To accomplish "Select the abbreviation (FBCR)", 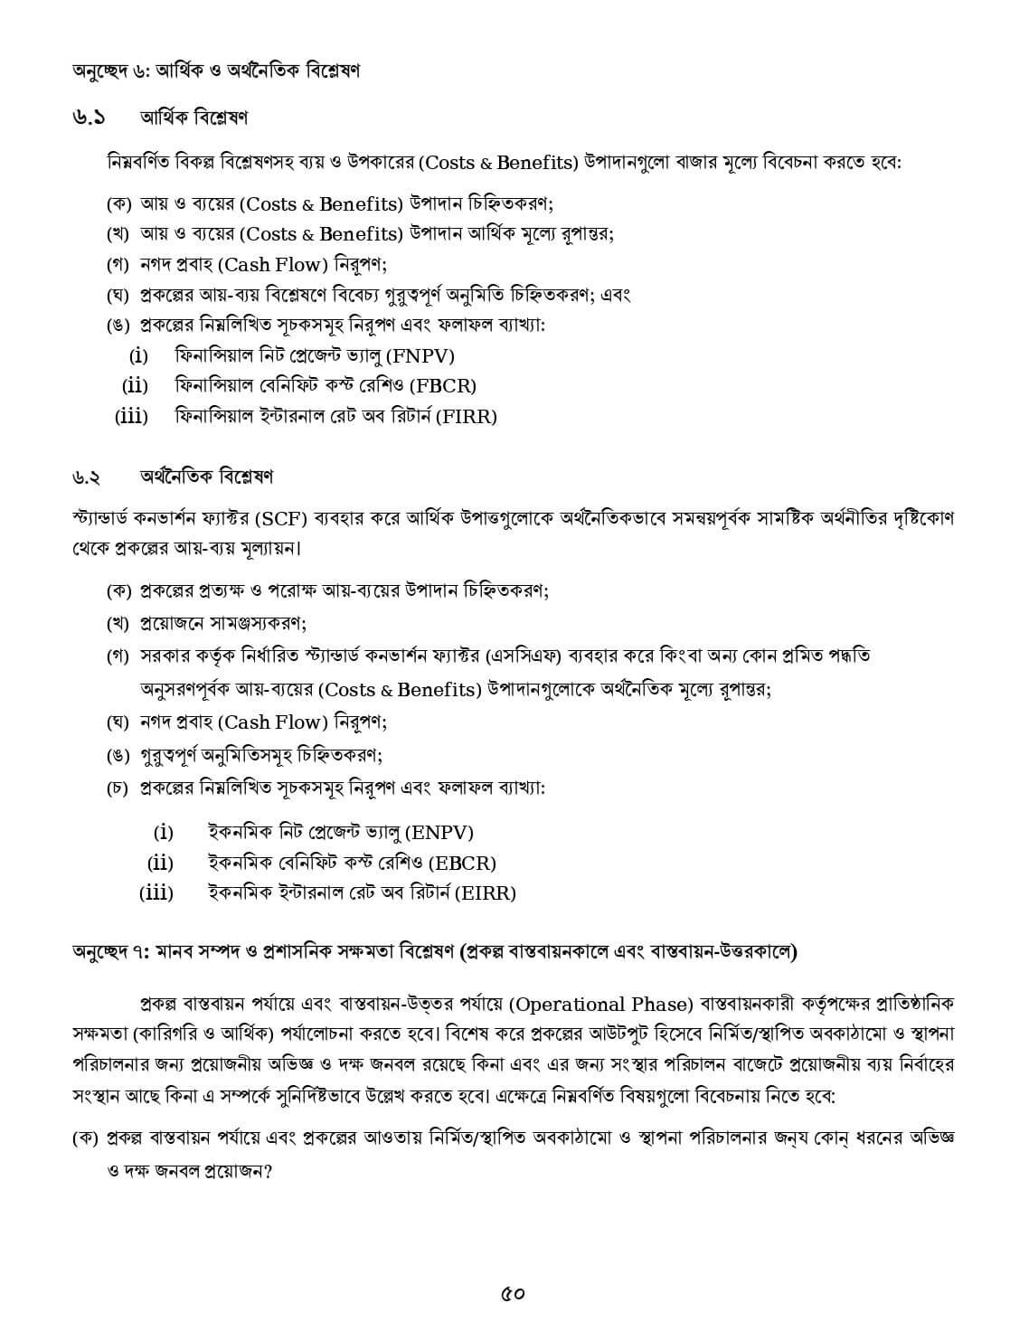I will (x=442, y=386).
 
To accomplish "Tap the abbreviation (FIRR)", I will (x=466, y=417).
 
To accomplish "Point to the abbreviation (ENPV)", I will (x=439, y=833).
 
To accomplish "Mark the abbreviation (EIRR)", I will (x=484, y=893).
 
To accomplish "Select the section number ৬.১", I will (x=89, y=118).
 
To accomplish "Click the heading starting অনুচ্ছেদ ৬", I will (x=216, y=71).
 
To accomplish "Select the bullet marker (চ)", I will (x=118, y=788).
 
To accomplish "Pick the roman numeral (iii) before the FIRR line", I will (x=131, y=417).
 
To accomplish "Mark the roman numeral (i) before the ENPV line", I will (x=163, y=833).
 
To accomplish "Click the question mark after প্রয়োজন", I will (x=269, y=1171).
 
